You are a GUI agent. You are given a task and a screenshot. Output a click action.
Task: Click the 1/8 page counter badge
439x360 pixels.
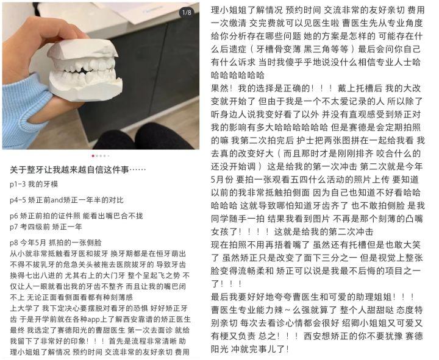click(x=187, y=13)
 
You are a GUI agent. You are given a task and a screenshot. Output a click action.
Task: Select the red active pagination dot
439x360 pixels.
click(x=93, y=156)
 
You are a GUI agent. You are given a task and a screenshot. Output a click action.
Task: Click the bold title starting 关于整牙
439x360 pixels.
click(x=78, y=170)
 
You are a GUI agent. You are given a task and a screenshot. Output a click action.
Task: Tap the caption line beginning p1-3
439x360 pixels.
click(x=34, y=185)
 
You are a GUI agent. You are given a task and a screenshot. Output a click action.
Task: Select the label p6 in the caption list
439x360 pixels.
click(x=13, y=216)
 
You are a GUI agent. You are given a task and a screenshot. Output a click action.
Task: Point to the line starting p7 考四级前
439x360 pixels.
click(x=46, y=227)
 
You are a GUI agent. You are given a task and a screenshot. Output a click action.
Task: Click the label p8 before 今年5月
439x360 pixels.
click(x=13, y=243)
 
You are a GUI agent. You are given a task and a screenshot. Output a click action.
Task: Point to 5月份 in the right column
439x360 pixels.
click(x=222, y=180)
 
